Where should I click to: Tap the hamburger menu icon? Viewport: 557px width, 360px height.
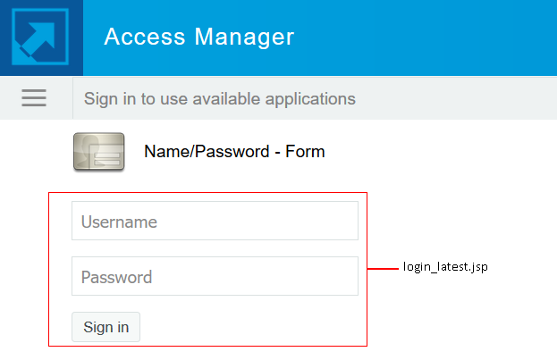[34, 98]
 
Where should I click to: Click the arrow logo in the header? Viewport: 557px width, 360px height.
[41, 38]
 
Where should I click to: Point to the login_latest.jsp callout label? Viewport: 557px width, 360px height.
[445, 267]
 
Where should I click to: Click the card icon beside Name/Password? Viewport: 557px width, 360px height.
[98, 151]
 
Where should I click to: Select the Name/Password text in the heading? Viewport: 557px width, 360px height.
[204, 152]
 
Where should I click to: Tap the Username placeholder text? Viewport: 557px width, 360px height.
[119, 222]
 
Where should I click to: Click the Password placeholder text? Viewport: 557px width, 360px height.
[116, 277]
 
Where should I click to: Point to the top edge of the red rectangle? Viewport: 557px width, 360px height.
[207, 192]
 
